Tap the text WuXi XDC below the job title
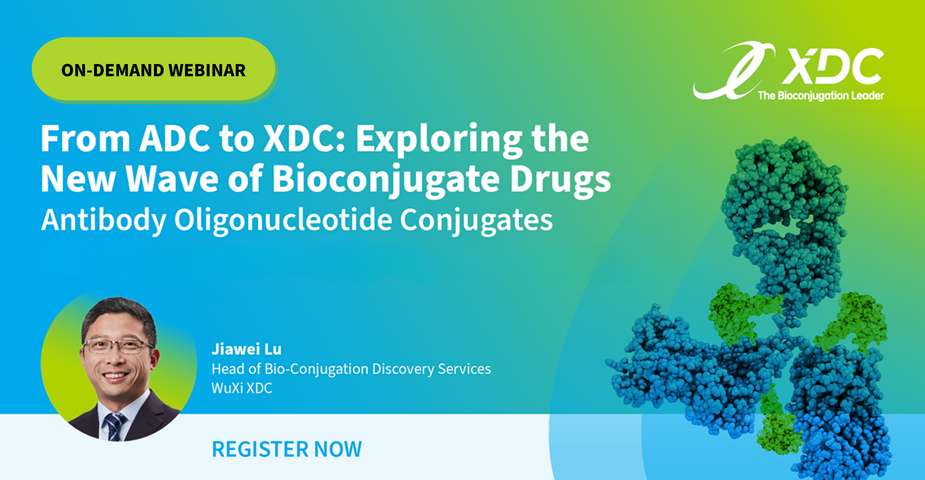[x=242, y=388]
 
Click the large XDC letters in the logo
[x=833, y=67]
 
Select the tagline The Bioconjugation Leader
[x=821, y=95]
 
